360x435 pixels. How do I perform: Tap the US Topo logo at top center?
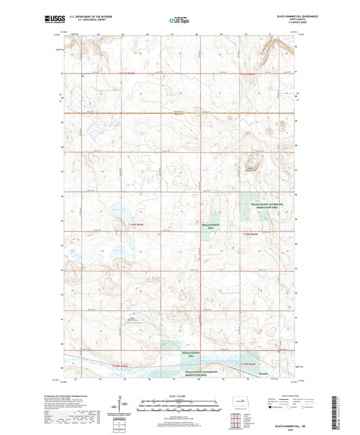click(177, 21)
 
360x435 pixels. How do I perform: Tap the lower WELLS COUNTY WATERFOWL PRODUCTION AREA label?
click(203, 374)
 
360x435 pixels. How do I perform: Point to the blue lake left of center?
click(120, 213)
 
